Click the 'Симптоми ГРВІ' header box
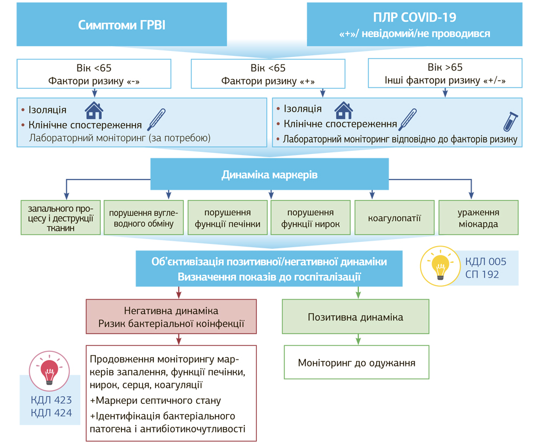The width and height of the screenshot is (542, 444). coord(121,25)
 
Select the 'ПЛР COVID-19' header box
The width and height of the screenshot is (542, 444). coord(415,25)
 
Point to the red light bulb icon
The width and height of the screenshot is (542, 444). coord(49,369)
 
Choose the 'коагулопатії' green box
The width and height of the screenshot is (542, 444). coord(395,218)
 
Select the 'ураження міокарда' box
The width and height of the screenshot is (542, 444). coord(478,218)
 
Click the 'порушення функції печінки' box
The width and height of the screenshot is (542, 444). coord(228,218)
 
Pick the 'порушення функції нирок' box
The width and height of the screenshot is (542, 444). coord(311,218)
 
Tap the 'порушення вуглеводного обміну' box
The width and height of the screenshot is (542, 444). coord(144,218)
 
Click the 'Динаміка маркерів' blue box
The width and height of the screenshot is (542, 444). coord(269,175)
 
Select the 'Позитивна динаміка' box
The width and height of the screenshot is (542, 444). coord(356,317)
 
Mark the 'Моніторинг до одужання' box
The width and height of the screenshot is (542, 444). coord(357,362)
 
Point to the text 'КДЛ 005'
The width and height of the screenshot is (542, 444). coord(486,262)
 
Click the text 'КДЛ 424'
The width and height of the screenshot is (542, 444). coord(51,413)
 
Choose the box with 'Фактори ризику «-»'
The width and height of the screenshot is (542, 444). coord(94,74)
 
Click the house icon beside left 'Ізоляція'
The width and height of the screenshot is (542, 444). coord(94,111)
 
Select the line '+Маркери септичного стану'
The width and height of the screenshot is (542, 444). coord(156,401)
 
